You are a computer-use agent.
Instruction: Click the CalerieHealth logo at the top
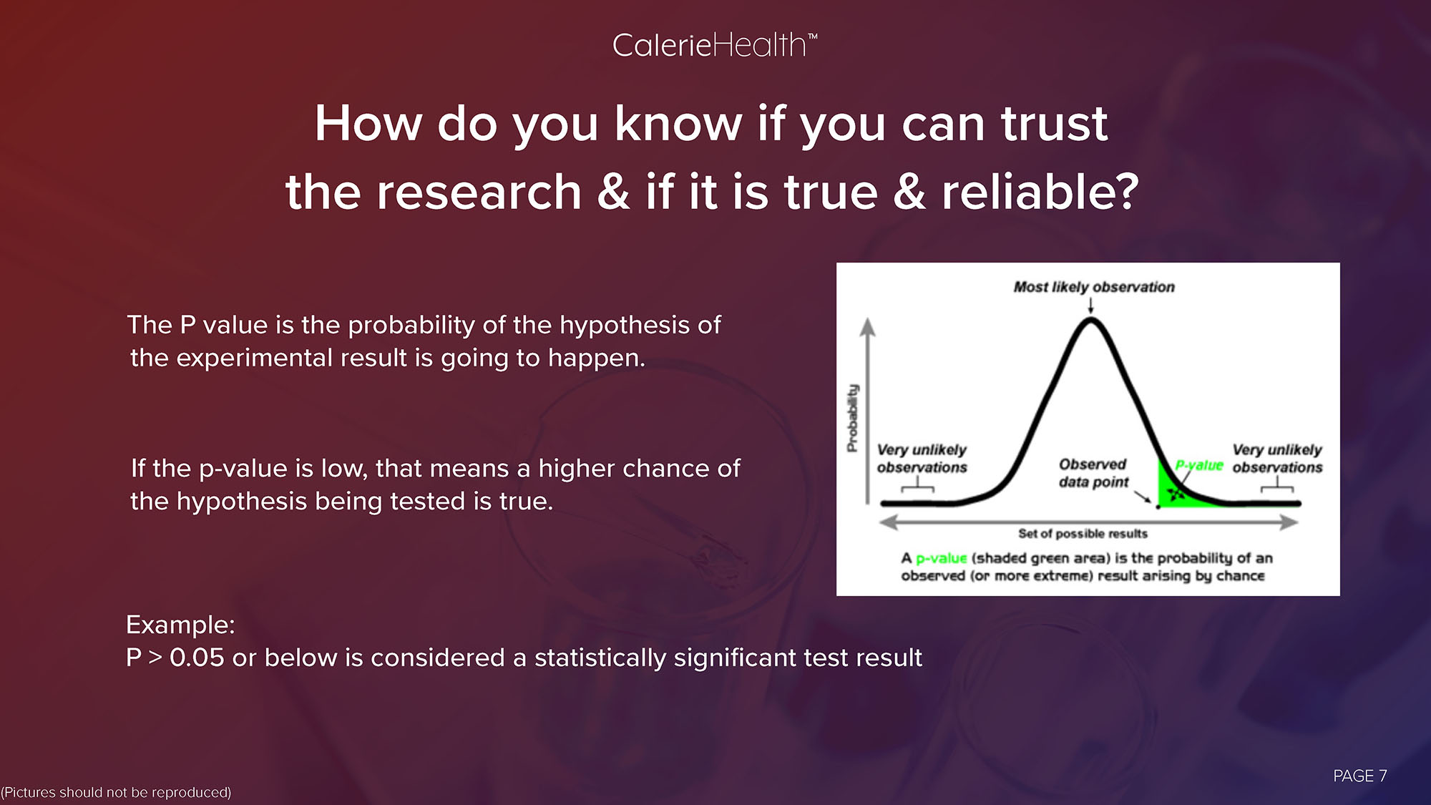[x=714, y=46]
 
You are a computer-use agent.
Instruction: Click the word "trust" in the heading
[x=1054, y=123]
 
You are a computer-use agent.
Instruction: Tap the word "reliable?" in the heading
[x=1040, y=192]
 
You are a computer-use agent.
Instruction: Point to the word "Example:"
[x=180, y=625]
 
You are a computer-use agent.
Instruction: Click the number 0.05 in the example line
[x=197, y=658]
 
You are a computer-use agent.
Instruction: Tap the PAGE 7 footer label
[x=1360, y=776]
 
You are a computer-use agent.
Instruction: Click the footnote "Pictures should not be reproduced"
[x=116, y=792]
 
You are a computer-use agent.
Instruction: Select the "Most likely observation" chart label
[x=1094, y=287]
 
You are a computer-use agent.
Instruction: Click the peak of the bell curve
[x=1090, y=321]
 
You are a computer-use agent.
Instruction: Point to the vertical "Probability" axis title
[x=852, y=419]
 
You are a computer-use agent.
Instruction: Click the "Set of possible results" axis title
[x=1083, y=534]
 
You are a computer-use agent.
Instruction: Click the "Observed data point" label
[x=1093, y=473]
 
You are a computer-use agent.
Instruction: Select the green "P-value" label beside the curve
[x=1199, y=465]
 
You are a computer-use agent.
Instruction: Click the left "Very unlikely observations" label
[x=922, y=458]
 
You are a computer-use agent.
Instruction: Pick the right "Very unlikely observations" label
[x=1277, y=458]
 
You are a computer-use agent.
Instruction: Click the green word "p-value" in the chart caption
[x=941, y=558]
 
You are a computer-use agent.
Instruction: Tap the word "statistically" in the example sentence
[x=600, y=658]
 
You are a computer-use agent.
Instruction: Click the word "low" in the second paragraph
[x=343, y=469]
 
